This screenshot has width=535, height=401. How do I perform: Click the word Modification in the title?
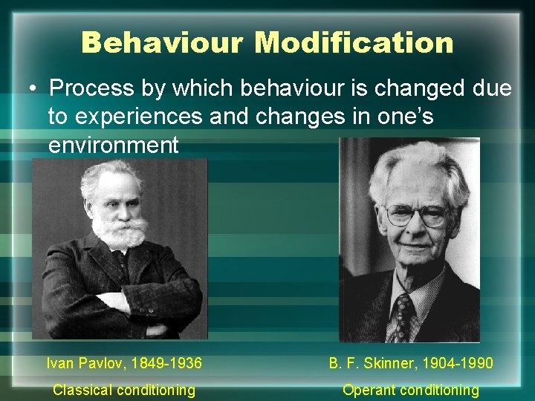354,42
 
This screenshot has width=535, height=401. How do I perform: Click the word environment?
113,144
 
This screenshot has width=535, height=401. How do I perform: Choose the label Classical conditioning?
124,390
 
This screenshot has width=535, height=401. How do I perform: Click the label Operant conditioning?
410,390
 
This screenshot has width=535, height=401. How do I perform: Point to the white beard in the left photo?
119,232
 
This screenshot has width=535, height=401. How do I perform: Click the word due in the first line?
493,89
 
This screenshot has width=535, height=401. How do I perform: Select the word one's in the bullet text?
409,117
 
